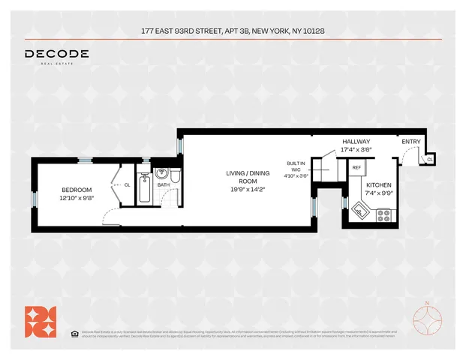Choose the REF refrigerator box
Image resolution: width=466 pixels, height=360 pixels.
click(356, 168)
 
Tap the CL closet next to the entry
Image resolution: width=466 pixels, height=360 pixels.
click(429, 159)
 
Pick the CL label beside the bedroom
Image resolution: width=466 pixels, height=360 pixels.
click(127, 184)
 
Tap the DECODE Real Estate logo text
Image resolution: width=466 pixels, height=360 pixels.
click(56, 55)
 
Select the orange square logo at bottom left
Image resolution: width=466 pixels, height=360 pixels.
click(41, 320)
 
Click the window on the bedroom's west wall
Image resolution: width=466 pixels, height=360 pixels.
click(34, 198)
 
